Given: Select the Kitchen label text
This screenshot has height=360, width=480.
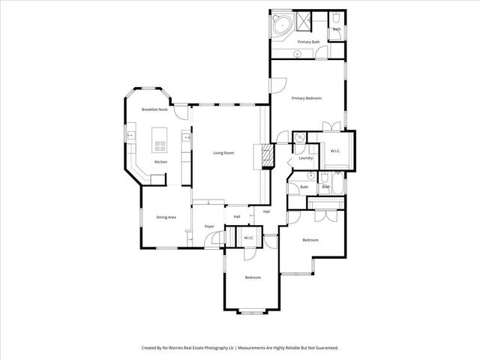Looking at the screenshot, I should click(x=160, y=162).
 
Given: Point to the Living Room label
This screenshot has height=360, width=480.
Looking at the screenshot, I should click(x=223, y=153).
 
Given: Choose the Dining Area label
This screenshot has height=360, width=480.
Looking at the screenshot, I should click(x=166, y=217).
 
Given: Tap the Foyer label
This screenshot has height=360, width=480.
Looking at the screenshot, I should click(x=209, y=226).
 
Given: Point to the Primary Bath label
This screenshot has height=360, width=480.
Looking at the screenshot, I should click(x=308, y=42).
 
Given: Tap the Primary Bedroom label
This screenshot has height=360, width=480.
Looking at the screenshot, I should click(x=306, y=98).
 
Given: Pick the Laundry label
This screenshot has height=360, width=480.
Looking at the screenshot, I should click(x=305, y=157).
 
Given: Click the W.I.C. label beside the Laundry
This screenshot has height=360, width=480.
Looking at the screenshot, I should click(x=335, y=151).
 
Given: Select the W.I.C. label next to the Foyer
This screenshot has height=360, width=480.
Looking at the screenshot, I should click(x=248, y=238).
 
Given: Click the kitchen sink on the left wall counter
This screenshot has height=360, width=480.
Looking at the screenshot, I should click(x=130, y=136).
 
